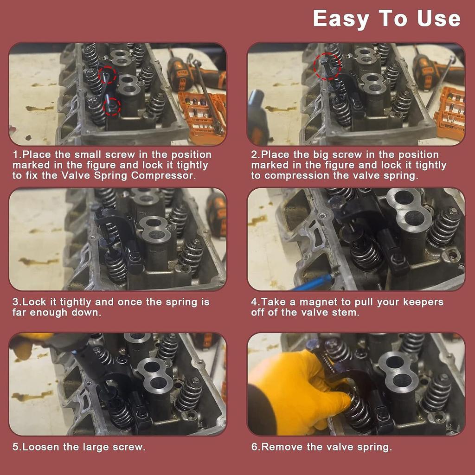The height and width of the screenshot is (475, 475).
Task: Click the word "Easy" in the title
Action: click(x=341, y=19)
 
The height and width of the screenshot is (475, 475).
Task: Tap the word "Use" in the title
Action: click(x=439, y=19)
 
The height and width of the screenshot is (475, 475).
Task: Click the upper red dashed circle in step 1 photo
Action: click(x=107, y=75)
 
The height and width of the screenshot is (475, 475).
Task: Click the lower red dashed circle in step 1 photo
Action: click(x=112, y=107)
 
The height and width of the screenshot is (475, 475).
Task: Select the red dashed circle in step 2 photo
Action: click(x=327, y=66)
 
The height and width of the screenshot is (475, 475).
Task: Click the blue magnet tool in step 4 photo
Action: click(x=314, y=282)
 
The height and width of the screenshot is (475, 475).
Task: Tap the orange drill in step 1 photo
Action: click(x=194, y=73)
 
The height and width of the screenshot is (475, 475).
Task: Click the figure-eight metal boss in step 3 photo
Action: click(x=155, y=229)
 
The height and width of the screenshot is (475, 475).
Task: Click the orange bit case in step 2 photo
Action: click(x=449, y=114)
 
